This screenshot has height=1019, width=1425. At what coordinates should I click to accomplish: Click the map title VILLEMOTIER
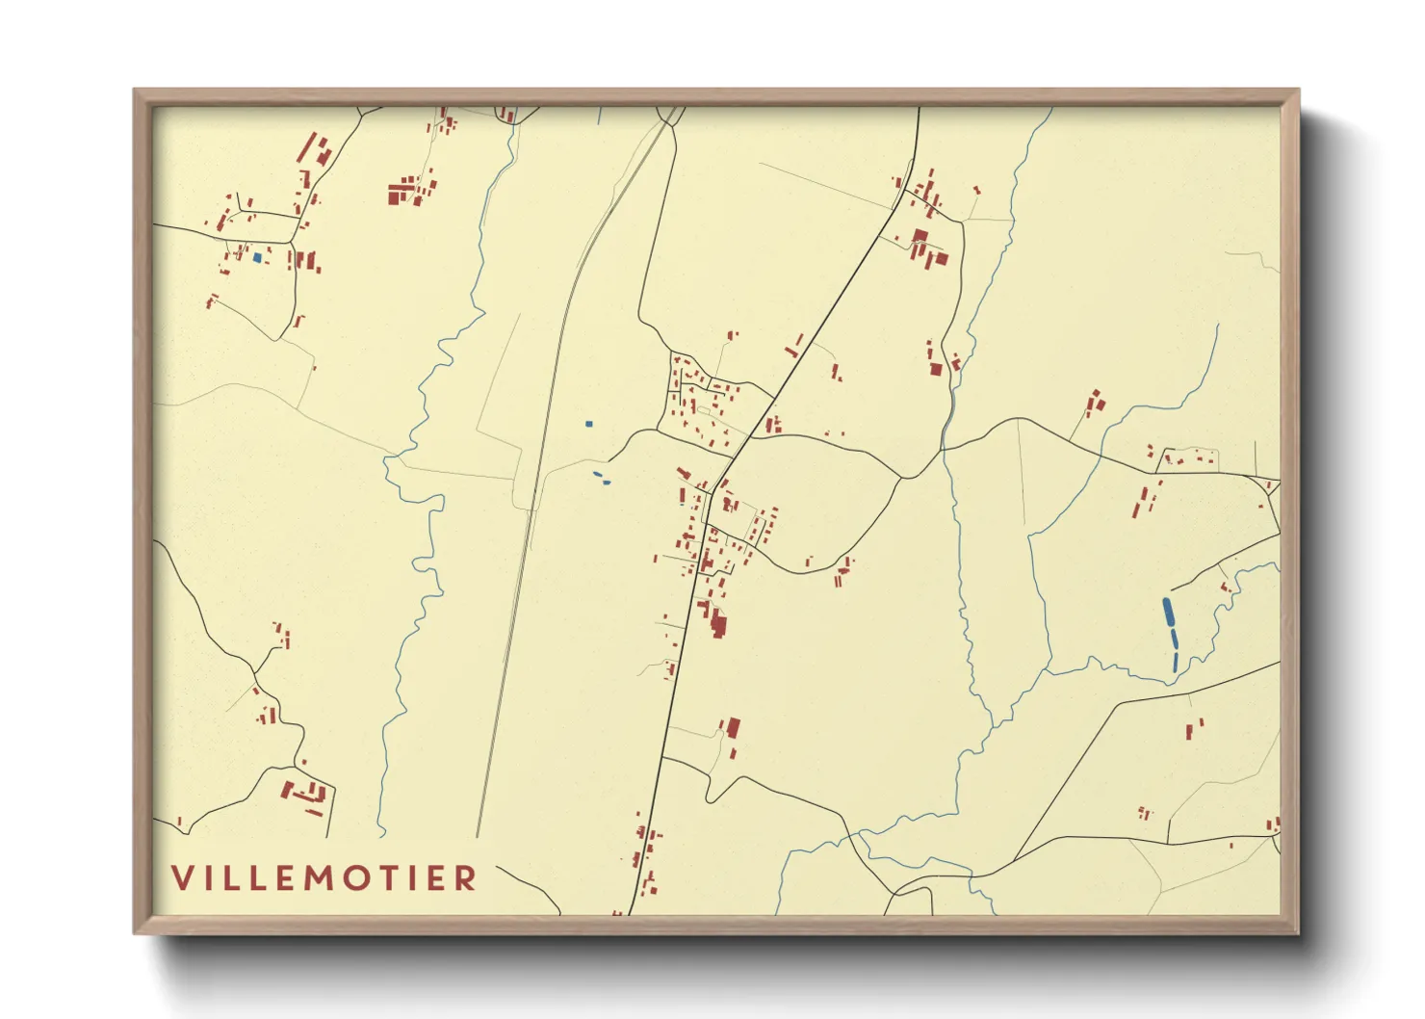324,877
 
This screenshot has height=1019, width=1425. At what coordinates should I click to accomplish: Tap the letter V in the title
183,877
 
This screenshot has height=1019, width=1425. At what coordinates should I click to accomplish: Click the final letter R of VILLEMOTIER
466,877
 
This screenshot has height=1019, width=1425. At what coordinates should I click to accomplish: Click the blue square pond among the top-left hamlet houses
256,257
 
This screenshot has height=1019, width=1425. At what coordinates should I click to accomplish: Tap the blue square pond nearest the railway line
588,424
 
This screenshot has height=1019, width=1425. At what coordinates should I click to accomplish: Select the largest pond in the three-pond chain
1168,612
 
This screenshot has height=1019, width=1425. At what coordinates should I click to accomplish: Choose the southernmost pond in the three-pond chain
1176,663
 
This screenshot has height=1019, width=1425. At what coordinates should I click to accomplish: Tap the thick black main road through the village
674,674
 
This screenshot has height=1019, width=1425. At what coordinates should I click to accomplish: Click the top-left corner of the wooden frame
135,91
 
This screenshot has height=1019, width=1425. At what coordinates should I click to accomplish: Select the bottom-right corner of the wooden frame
1298,932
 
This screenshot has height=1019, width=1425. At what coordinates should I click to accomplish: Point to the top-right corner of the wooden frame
1298,91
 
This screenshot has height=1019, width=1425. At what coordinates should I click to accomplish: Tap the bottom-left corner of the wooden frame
135,932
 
